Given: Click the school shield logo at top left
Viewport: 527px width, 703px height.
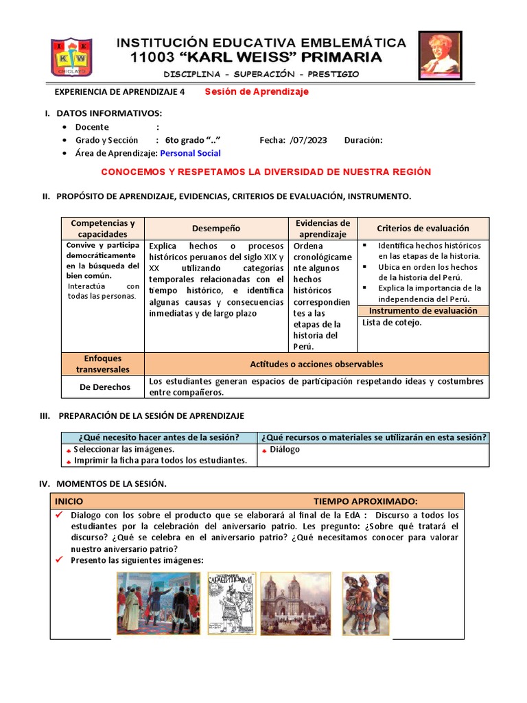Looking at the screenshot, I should click(x=71, y=57).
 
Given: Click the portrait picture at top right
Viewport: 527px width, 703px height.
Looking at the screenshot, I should click(x=439, y=56).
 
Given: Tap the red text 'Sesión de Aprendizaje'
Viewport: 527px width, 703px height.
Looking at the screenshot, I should click(x=257, y=91).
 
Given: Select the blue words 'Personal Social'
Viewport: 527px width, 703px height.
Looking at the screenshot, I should click(x=190, y=153).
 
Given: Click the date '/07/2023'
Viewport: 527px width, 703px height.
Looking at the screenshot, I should click(x=309, y=140).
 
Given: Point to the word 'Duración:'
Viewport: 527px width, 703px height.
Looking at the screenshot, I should click(x=363, y=140).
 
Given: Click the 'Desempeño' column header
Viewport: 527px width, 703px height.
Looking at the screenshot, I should click(x=216, y=228).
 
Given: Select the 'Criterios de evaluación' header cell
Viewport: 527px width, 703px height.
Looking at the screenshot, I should click(x=423, y=228).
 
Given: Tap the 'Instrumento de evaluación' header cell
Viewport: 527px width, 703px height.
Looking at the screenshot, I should click(x=423, y=311).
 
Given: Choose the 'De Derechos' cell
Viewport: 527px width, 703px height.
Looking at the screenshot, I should click(x=104, y=387).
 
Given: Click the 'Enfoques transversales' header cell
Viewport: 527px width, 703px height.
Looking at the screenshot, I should click(x=103, y=364).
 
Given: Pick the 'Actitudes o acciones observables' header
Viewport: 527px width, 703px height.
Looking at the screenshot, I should click(x=316, y=364).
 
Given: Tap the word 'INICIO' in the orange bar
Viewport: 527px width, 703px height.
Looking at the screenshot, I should click(x=69, y=501).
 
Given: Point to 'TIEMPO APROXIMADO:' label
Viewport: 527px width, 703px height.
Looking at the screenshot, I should click(x=365, y=501).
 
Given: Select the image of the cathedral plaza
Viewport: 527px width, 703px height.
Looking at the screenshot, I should click(x=295, y=603).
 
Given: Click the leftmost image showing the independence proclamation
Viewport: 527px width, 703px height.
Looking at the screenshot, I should click(x=159, y=603).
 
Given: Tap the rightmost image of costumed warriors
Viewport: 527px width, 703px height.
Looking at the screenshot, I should click(x=365, y=603).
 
